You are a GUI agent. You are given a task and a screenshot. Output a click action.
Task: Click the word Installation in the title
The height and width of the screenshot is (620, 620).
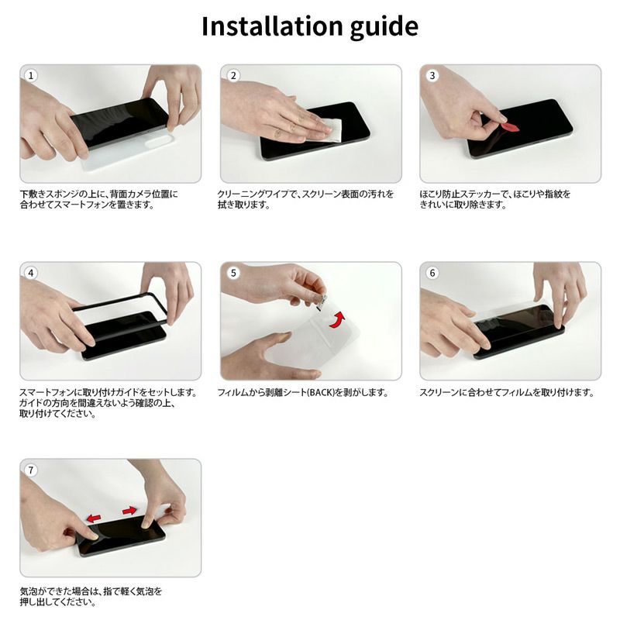[x=272, y=26]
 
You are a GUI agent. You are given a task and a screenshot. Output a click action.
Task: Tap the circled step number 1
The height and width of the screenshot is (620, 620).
[x=31, y=75]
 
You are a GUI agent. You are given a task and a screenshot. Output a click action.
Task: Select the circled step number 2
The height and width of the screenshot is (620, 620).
[x=234, y=75]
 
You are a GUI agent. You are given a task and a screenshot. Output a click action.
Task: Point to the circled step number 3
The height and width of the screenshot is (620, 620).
[x=432, y=75]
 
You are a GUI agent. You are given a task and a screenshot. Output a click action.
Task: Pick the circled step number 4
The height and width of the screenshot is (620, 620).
[x=31, y=273]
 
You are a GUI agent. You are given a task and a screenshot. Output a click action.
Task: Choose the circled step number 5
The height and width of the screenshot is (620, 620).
[x=234, y=273]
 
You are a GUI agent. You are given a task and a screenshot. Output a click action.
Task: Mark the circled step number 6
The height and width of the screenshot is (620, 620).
[x=432, y=273]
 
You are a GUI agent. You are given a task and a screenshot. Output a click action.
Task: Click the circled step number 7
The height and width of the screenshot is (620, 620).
[x=31, y=470]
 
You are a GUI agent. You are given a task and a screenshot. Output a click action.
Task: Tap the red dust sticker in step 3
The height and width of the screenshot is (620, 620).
[x=511, y=127]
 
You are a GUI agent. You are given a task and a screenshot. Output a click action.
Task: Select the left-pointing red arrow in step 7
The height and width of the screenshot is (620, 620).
[x=94, y=518]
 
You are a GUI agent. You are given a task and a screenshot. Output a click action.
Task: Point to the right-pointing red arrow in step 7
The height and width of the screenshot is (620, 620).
[x=129, y=511]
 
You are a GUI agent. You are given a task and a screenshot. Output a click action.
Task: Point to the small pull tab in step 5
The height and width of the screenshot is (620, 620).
[x=322, y=300]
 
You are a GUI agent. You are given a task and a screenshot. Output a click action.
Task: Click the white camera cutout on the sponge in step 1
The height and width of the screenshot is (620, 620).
[x=159, y=141]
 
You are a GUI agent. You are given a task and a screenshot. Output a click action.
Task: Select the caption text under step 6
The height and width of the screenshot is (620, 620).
[x=507, y=393]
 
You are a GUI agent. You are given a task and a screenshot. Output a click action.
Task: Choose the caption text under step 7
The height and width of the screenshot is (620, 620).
[x=91, y=597]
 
